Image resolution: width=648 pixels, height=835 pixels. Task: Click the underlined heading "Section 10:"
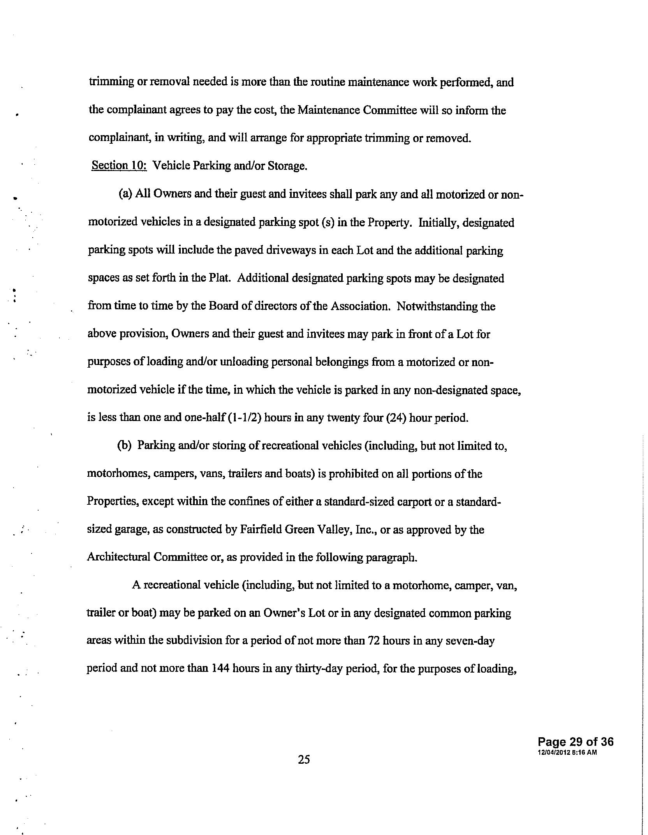click(x=119, y=166)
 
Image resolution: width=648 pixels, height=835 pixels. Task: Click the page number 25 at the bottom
click(x=304, y=759)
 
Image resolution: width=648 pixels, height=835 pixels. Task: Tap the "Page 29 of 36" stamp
click(x=575, y=742)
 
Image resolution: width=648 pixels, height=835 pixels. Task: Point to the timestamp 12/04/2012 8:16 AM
click(x=567, y=752)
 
